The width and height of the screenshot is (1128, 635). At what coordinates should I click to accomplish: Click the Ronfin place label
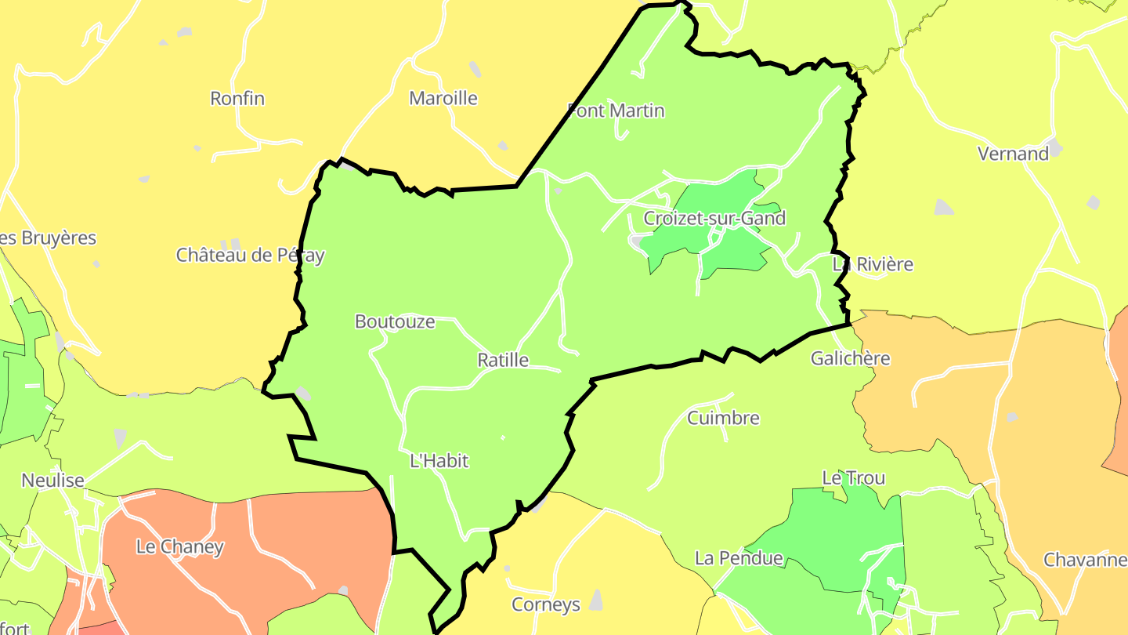[237, 99]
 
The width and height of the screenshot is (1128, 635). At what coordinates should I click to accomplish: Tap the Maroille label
[443, 99]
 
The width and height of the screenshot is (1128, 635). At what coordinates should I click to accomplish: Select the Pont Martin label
[616, 111]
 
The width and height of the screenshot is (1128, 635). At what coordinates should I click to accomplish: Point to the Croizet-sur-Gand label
[714, 218]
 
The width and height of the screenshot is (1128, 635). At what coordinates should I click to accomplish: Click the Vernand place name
[1013, 154]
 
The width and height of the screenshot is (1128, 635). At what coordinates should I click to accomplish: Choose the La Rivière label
[873, 264]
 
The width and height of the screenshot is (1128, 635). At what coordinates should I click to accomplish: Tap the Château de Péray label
[250, 255]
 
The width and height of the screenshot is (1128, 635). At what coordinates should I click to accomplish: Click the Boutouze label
[395, 321]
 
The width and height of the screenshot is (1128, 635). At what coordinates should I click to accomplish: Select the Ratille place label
[503, 361]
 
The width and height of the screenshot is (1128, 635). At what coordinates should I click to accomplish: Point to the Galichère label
[851, 358]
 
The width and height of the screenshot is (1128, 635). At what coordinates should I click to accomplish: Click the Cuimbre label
[723, 418]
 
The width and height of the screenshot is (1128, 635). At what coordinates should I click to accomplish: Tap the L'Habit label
[439, 461]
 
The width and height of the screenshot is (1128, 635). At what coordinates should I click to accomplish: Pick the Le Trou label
[853, 477]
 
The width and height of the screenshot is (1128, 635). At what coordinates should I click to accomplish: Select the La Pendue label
[739, 558]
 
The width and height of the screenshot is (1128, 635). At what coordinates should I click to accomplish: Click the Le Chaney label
[180, 547]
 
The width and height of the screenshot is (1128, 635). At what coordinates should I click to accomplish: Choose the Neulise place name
[53, 481]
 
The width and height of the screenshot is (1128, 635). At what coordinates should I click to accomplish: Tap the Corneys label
[546, 604]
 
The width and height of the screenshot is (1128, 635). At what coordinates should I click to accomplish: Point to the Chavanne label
[1084, 560]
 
